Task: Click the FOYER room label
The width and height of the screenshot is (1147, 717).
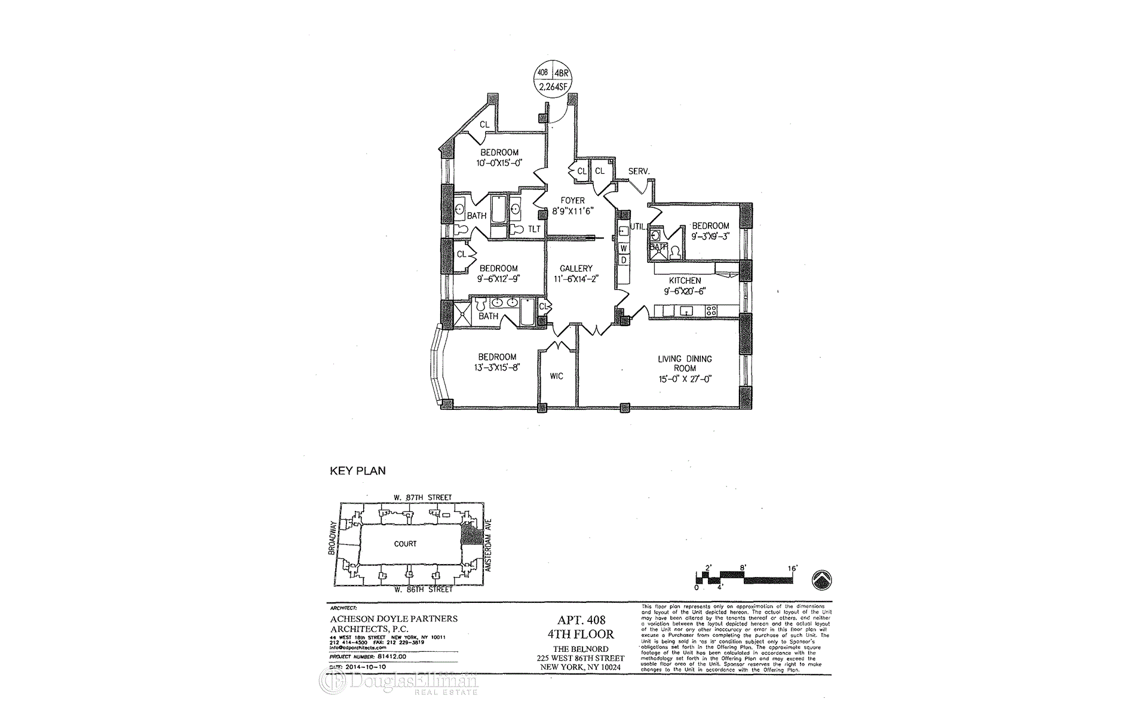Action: coord(572,201)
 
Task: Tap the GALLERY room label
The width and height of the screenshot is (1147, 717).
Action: coord(576,269)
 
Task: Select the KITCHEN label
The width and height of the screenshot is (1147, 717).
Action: coord(685,281)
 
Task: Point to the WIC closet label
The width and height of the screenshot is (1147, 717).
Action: coord(556,376)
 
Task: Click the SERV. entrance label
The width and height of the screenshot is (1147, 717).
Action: coord(639,171)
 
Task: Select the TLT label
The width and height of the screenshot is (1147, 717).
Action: coord(534,229)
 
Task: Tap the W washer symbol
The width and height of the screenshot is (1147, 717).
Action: coord(623,247)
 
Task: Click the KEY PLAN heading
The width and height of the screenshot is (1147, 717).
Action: coord(358,471)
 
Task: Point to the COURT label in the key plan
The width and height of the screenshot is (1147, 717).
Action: coord(405,544)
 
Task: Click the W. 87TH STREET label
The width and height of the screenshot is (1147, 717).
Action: coord(422,497)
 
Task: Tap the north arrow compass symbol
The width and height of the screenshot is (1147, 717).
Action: coord(822,579)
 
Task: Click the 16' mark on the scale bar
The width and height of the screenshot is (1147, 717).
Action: coord(793,568)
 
